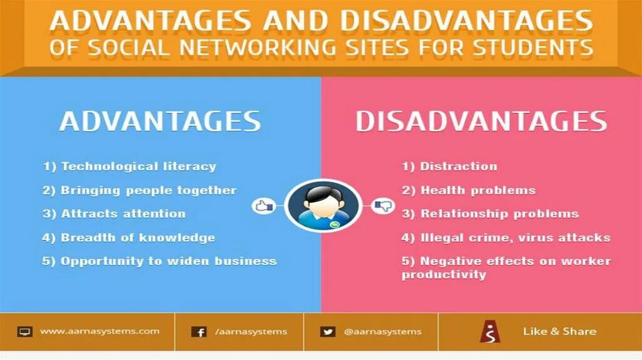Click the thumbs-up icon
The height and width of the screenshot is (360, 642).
(x=264, y=205)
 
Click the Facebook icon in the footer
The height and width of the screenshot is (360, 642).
(x=199, y=332)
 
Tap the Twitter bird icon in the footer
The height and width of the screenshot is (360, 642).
(x=327, y=332)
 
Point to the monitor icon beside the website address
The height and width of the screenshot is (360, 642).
(x=25, y=332)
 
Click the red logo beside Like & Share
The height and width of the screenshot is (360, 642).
(x=490, y=332)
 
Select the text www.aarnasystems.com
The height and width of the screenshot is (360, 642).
(x=100, y=331)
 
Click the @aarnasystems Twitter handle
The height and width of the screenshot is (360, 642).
(x=382, y=331)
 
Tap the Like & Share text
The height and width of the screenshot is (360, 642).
(x=560, y=331)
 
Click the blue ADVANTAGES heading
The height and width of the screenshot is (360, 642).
(x=160, y=121)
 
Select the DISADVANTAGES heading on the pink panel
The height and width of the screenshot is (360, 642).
(x=481, y=122)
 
